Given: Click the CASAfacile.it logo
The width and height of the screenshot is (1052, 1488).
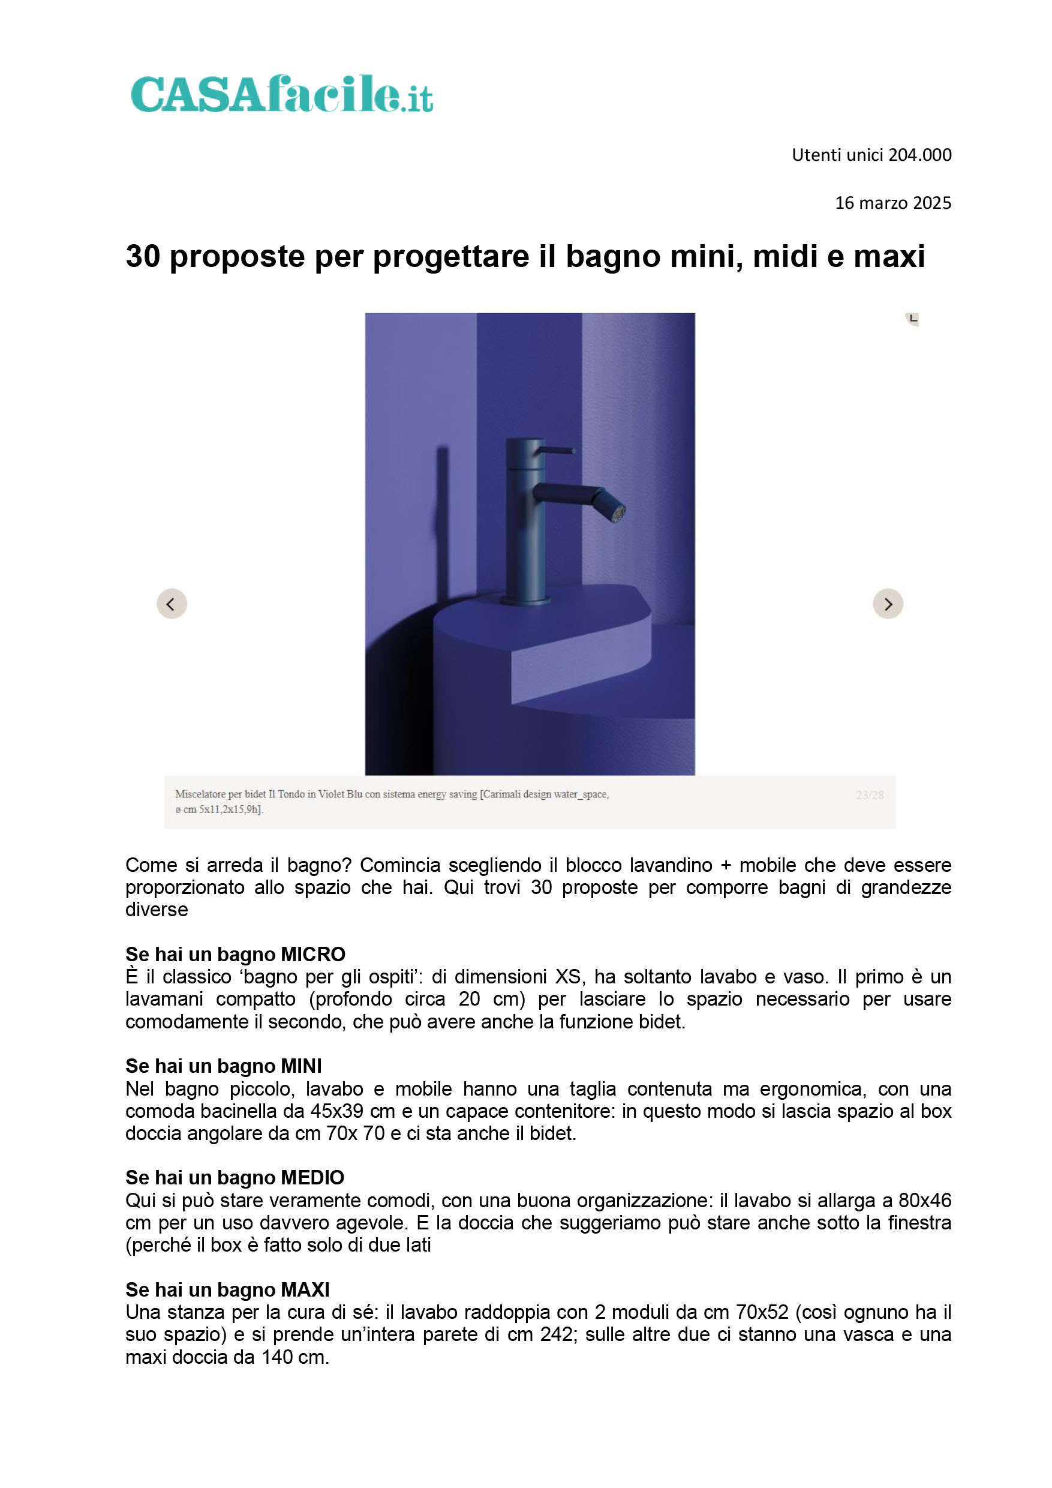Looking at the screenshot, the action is [x=282, y=94].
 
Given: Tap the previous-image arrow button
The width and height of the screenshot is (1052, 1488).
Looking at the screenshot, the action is [x=172, y=604].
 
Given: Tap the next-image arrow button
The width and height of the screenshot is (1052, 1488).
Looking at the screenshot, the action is [x=888, y=604].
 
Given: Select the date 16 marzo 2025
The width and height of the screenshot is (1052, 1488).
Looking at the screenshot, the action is [x=893, y=203].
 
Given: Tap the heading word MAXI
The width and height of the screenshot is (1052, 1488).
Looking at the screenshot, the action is [x=305, y=1289].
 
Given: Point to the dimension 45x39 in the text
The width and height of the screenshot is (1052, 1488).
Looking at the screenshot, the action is [x=337, y=1111].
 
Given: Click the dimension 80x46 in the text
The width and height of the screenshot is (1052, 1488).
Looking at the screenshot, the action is [x=925, y=1200].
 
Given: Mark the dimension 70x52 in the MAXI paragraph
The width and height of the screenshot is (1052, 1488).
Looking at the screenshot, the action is [x=762, y=1312].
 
